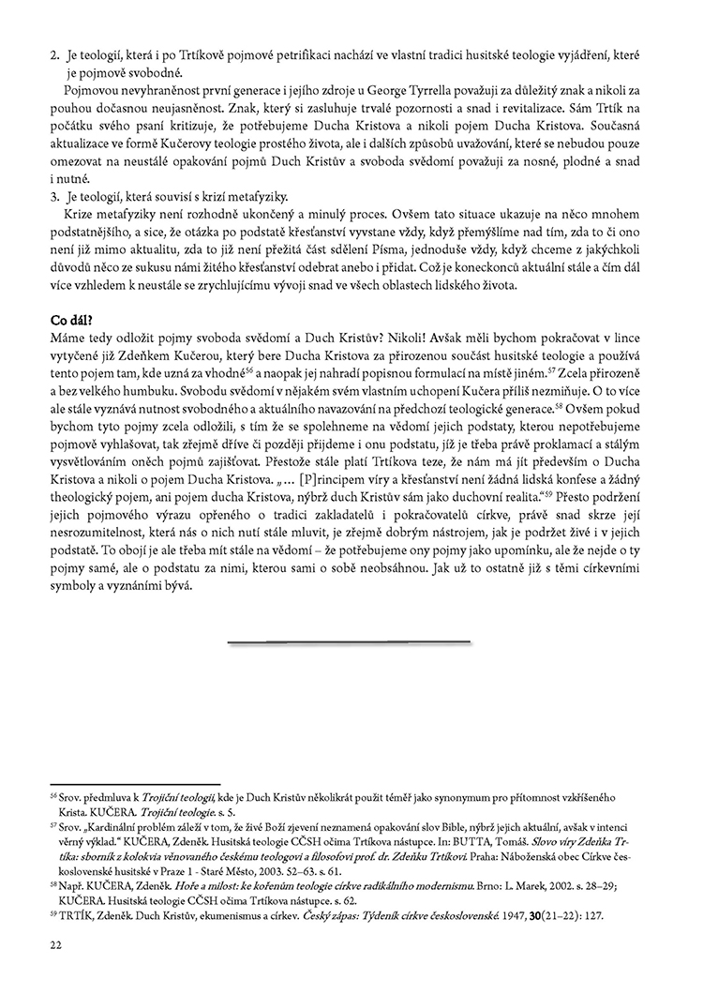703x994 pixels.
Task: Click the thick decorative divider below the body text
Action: [x=349, y=642]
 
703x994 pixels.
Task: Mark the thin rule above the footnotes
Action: [x=135, y=784]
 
